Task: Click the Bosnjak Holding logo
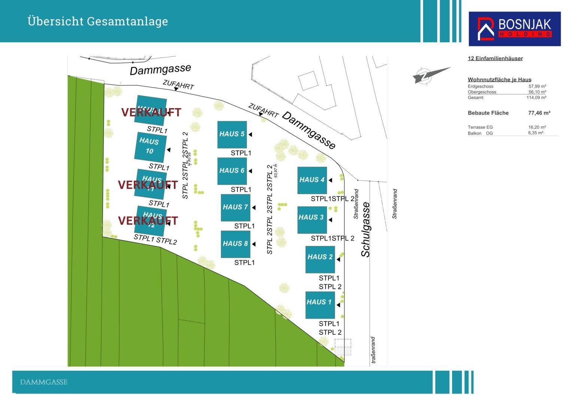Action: pos(514,29)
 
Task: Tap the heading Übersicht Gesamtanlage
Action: pos(98,21)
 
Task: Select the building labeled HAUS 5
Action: pos(232,134)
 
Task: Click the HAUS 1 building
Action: pos(320,304)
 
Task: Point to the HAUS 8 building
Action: pos(235,244)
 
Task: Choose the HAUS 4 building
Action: pos(312,180)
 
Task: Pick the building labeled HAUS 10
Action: pos(150,146)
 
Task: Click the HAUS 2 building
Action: pos(320,259)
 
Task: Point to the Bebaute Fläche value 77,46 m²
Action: pos(539,113)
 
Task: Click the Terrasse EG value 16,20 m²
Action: pos(537,127)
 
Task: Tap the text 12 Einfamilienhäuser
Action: pos(495,58)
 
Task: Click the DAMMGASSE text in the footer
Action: pos(43,382)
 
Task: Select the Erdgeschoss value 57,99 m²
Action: pos(537,86)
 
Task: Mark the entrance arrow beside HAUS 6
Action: pos(250,171)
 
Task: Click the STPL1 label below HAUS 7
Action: pos(244,226)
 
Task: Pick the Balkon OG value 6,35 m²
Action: pos(536,133)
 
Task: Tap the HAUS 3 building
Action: pos(312,220)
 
